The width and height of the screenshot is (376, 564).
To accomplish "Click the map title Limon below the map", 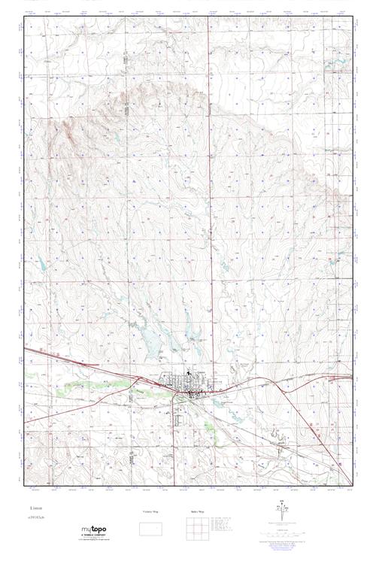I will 37,508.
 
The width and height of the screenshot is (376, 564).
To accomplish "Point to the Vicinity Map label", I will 152,512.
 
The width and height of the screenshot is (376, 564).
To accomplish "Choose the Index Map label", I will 195,512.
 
